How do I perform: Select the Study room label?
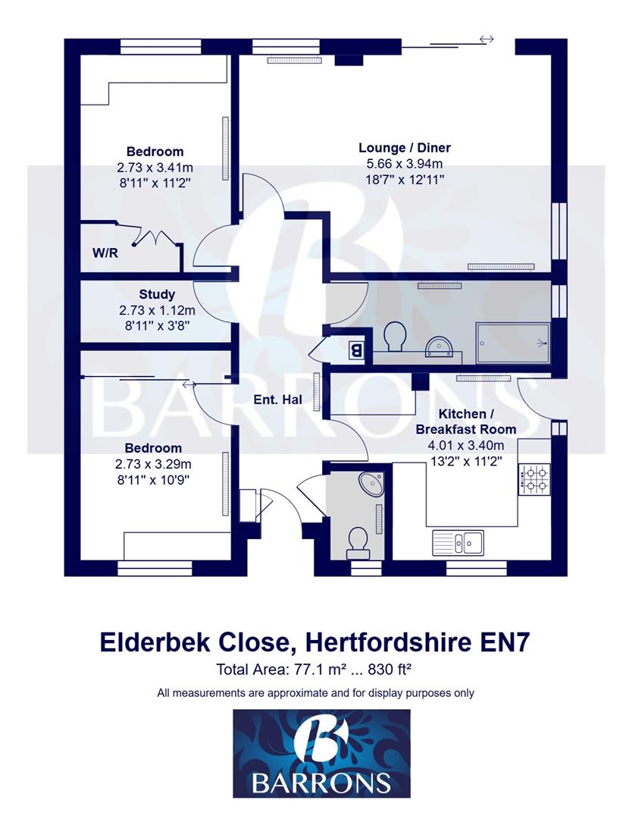click(157, 294)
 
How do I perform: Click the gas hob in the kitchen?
click(536, 478)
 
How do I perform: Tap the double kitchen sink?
click(458, 541)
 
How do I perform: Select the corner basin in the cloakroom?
click(371, 483)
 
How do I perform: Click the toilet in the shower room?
click(394, 336)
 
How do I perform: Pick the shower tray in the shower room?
click(512, 344)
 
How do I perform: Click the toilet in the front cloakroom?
click(356, 540)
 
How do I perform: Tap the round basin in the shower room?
click(438, 347)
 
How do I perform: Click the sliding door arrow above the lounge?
click(486, 39)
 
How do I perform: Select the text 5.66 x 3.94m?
click(400, 163)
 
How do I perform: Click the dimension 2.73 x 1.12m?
click(157, 310)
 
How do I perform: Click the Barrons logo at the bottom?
click(321, 753)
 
